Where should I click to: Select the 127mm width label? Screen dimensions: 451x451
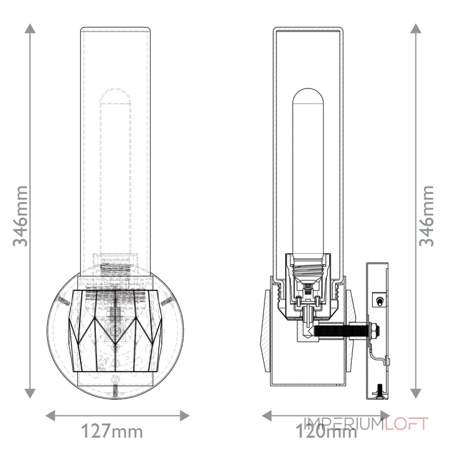pos(113,432)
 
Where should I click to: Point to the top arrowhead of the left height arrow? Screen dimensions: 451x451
pos(32,28)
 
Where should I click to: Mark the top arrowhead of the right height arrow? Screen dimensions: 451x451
pos(416,28)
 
